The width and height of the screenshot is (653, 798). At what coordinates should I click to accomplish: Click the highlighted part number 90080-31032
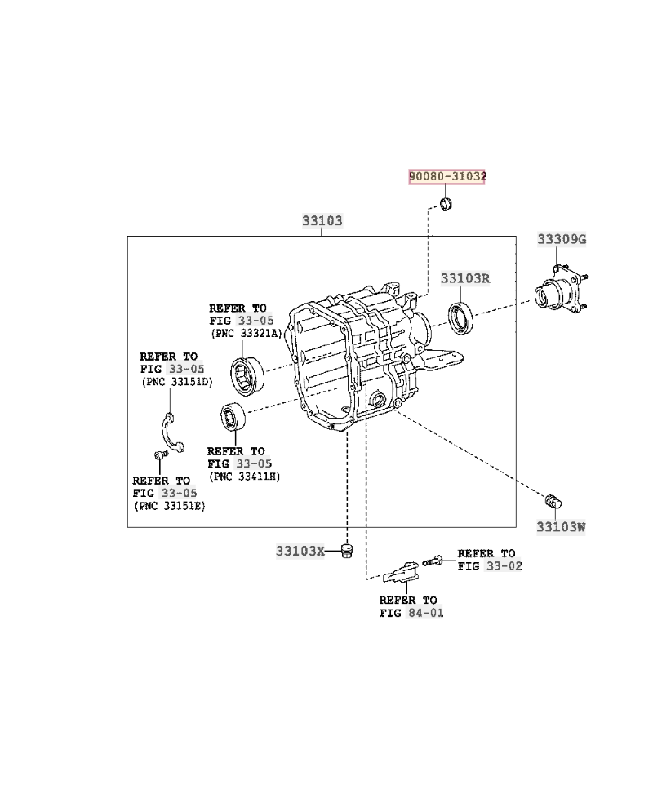pyautogui.click(x=447, y=176)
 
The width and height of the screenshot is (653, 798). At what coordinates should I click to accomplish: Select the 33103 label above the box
pyautogui.click(x=322, y=221)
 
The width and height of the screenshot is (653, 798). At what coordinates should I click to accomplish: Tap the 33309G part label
pyautogui.click(x=562, y=239)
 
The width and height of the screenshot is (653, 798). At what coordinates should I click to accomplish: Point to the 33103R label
pyautogui.click(x=465, y=278)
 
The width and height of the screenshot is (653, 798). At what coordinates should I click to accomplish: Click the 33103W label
pyautogui.click(x=561, y=526)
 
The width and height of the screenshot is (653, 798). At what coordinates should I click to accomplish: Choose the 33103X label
pyautogui.click(x=300, y=551)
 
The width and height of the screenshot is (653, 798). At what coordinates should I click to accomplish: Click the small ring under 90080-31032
pyautogui.click(x=446, y=202)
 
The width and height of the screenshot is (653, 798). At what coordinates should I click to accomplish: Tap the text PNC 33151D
pyautogui.click(x=176, y=382)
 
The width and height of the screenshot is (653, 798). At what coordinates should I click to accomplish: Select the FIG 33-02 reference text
pyautogui.click(x=490, y=565)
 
